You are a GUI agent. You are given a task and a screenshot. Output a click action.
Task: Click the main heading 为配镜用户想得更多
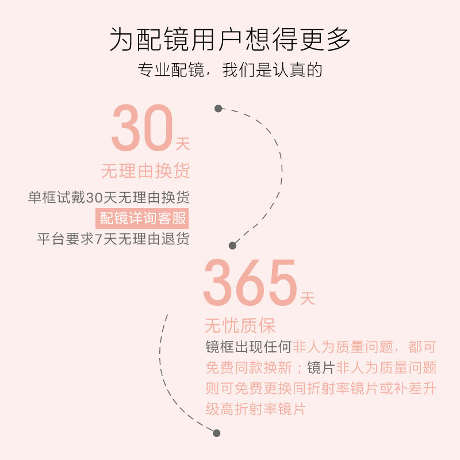coord(230,40)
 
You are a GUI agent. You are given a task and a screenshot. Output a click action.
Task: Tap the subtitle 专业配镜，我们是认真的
coord(230,70)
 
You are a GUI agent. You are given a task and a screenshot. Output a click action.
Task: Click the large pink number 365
coord(250,284)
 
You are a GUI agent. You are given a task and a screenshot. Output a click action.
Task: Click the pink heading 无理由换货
coord(145,171)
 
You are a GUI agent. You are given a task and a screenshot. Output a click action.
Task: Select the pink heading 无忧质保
coord(240,326)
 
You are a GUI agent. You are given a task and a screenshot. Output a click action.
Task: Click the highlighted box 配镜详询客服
coord(143,218)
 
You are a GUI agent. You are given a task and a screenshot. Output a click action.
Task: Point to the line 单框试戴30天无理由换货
coord(109,198)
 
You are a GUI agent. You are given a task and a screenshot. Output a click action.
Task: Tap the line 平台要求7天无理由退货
coord(113,239)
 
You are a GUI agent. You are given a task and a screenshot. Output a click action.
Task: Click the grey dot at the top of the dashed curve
coord(218,108)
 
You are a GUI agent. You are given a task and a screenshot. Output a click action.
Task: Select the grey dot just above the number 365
coord(232,246)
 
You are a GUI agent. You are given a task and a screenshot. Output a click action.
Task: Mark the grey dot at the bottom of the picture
coord(217,433)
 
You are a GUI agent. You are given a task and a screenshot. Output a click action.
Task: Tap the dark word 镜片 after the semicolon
coord(321,368)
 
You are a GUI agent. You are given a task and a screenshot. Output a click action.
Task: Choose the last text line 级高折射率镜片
coord(255,409)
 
